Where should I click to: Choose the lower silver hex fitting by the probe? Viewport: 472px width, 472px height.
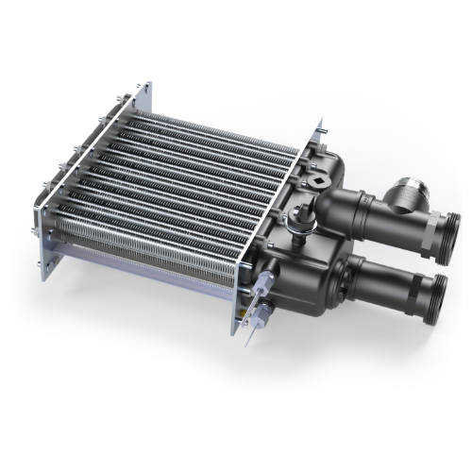[x=254, y=303]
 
